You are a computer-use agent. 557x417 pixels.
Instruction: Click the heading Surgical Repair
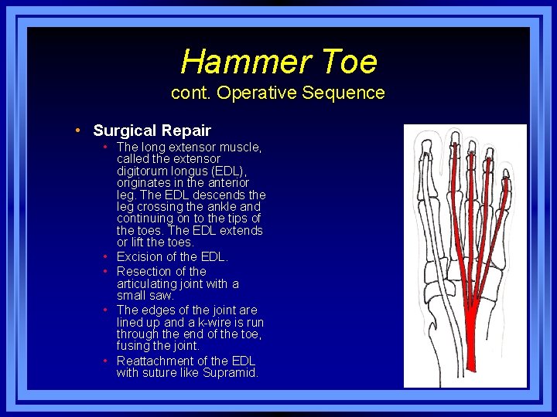coord(152,131)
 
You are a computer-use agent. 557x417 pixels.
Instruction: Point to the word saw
coord(163,295)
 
